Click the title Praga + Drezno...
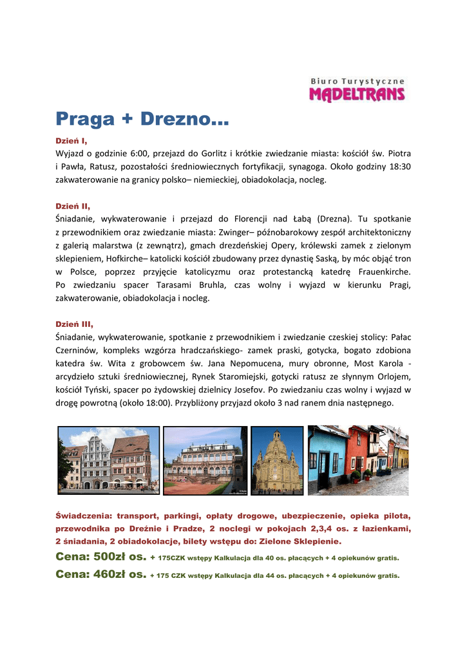point(142,118)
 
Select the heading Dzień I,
point(71,140)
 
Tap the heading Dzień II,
point(73,206)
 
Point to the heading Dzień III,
point(74,324)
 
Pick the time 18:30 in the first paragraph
point(399,167)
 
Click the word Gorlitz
point(216,154)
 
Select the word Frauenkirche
point(383,272)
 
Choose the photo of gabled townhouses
point(108,459)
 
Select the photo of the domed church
point(276,460)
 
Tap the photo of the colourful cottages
point(357,459)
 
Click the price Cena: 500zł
point(101,557)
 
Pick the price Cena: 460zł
point(101,574)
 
